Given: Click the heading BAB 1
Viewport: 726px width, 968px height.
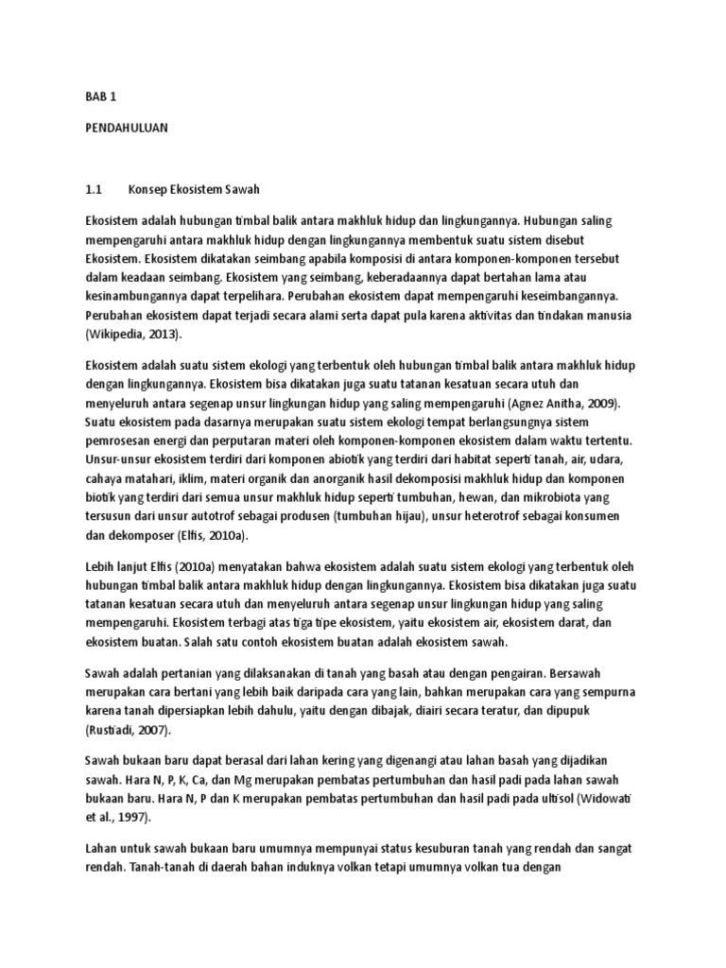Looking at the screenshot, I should [98, 95].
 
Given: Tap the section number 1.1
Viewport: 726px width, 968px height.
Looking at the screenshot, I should [93, 189].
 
